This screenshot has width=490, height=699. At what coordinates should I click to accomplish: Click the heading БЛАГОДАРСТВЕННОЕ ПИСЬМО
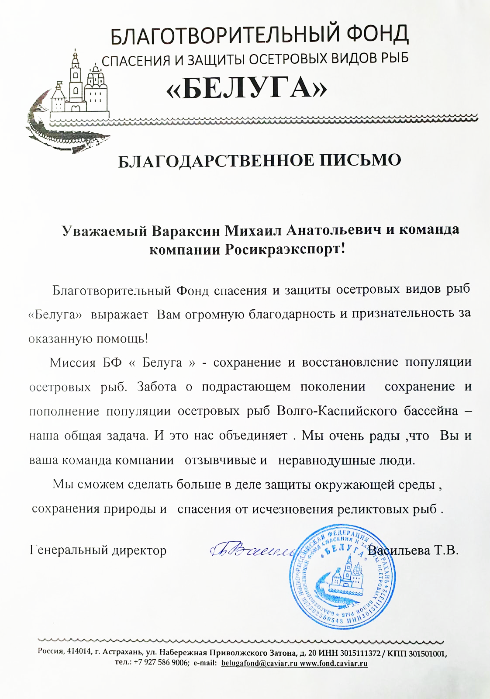[259, 160]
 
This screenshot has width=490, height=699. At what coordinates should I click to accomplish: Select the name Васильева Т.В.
[413, 550]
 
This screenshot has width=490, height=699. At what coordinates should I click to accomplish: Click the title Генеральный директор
[98, 550]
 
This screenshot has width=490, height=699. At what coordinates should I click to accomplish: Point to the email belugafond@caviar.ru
[259, 663]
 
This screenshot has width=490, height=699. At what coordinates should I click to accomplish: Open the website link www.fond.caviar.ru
[334, 663]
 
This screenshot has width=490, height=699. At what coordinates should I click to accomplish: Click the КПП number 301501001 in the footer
[427, 653]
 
